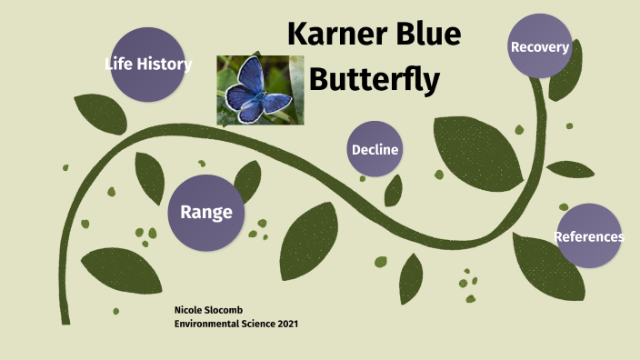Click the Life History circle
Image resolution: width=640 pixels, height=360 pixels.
pyautogui.click(x=148, y=65)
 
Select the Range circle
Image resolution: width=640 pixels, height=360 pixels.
pyautogui.click(x=206, y=213)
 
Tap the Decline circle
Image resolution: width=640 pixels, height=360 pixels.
pyautogui.click(x=375, y=149)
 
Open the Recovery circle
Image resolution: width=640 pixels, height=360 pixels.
pyautogui.click(x=540, y=46)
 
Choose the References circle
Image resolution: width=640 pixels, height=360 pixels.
pyautogui.click(x=589, y=236)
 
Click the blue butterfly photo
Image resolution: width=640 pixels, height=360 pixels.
pyautogui.click(x=260, y=90)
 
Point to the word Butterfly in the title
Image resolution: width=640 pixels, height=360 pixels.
pyautogui.click(x=375, y=80)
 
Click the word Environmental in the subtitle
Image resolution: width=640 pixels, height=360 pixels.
pyautogui.click(x=206, y=324)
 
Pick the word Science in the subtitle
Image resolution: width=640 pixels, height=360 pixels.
pyautogui.click(x=256, y=324)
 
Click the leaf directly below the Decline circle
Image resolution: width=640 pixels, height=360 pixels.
pyautogui.click(x=394, y=190)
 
